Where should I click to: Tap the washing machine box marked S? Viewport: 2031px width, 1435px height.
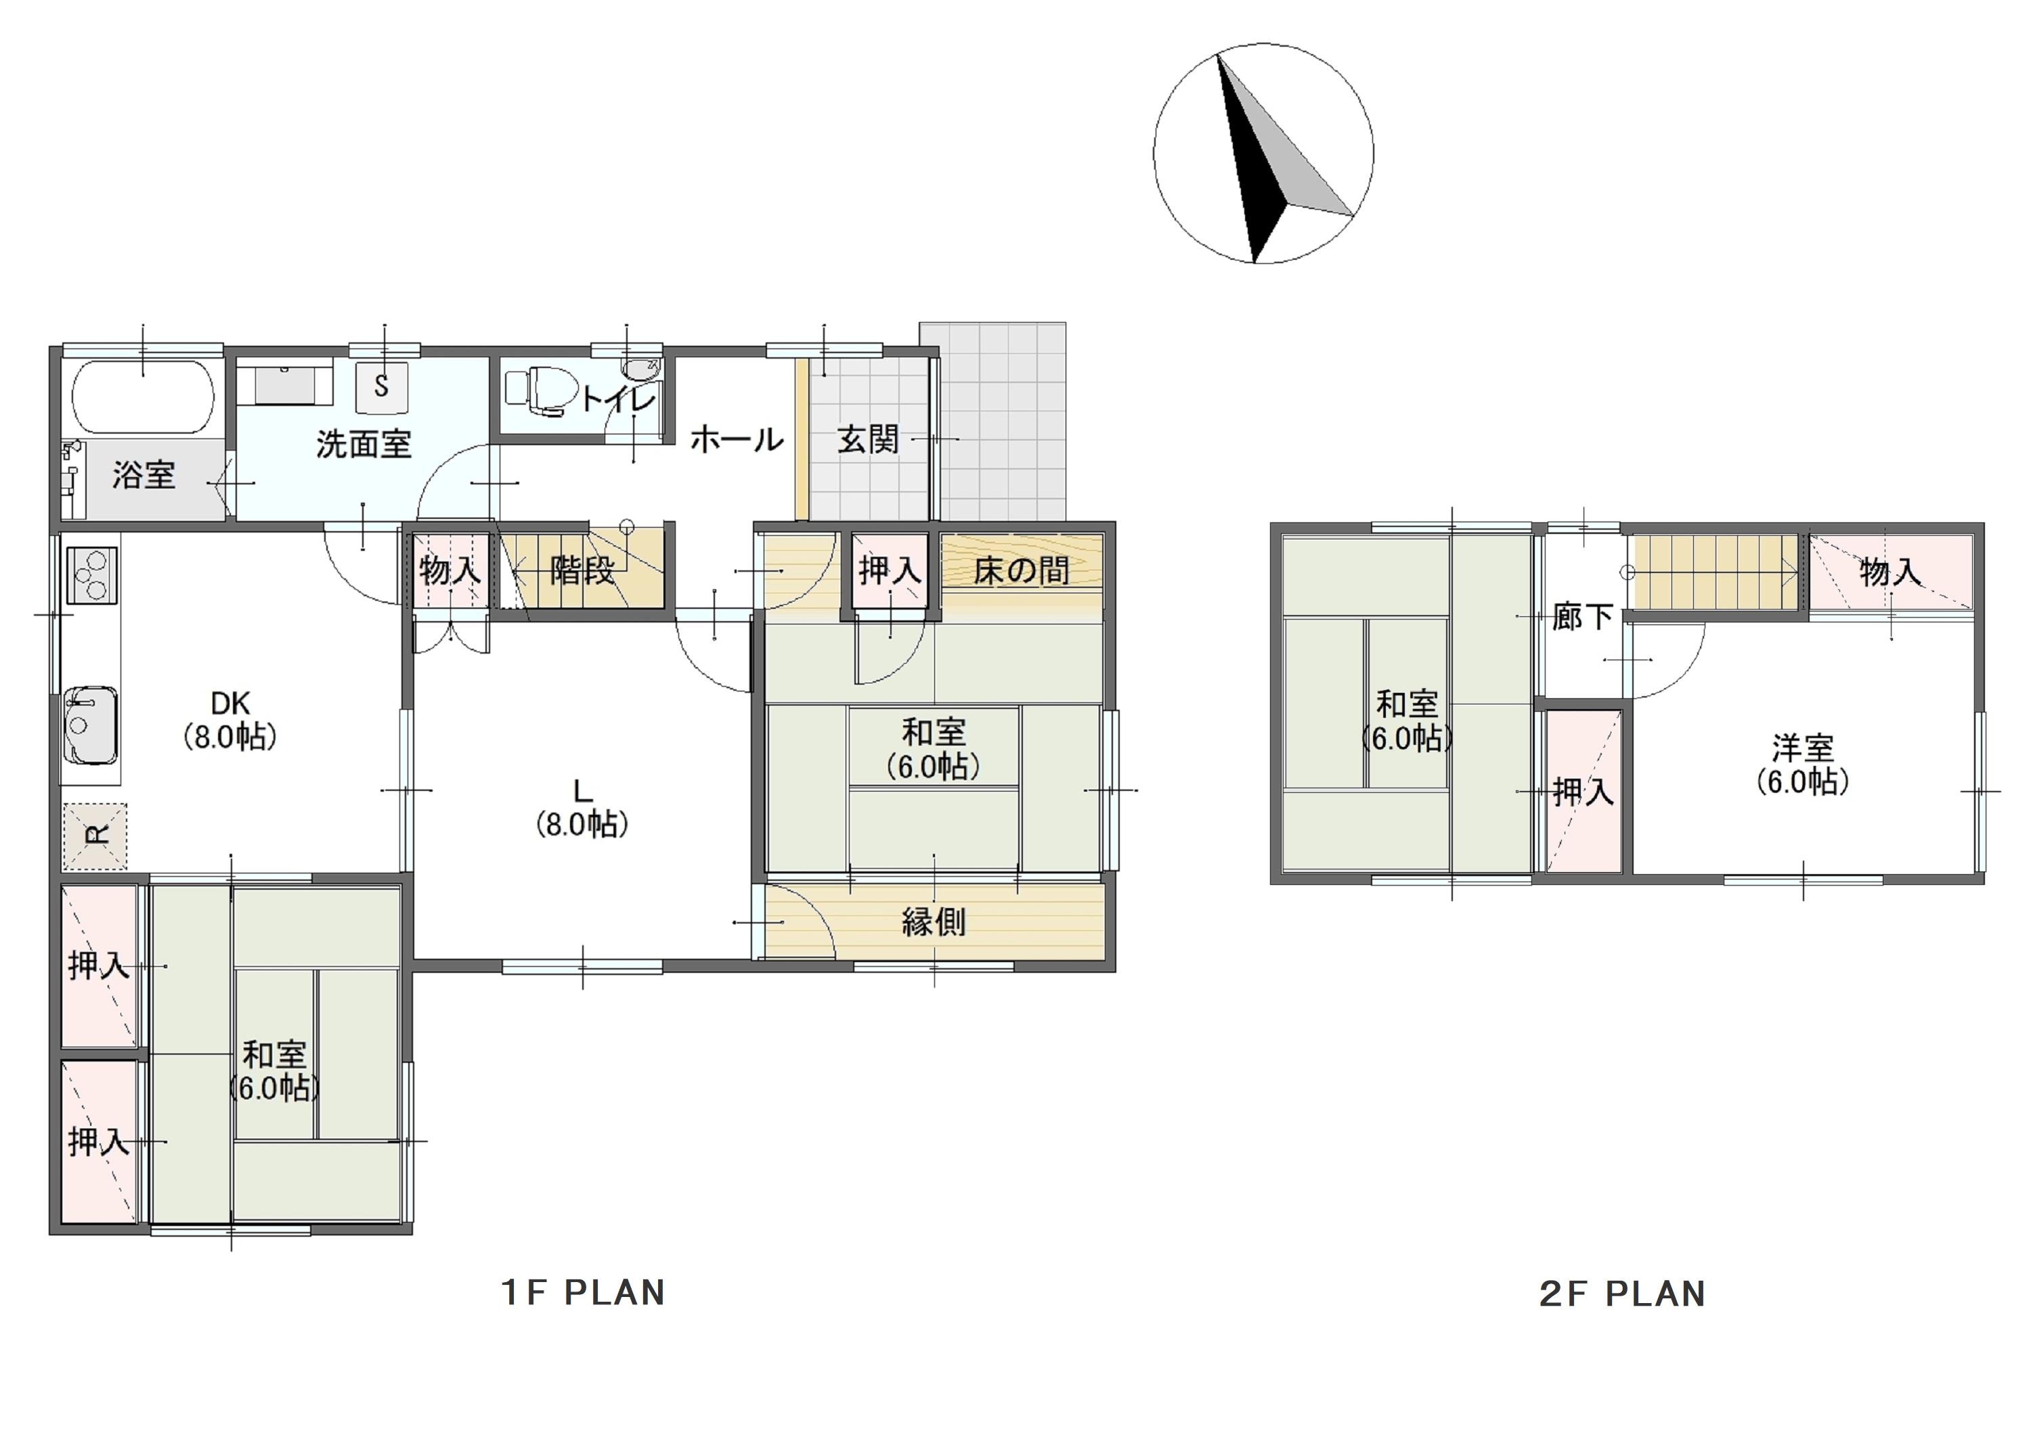382,386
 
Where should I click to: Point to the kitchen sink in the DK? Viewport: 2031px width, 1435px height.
90,724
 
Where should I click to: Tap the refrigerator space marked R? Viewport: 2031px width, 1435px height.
95,836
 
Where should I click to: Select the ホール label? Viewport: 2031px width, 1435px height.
736,439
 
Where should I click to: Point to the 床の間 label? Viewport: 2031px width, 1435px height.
1021,571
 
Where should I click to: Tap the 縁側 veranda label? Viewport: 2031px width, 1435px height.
933,922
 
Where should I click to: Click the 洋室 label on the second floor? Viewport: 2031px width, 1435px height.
1803,748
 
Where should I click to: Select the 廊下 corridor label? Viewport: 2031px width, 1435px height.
1583,617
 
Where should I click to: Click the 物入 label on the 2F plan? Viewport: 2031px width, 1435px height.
1890,572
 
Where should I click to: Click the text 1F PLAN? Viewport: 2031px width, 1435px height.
583,1293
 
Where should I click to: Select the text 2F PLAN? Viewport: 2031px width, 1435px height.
1622,1294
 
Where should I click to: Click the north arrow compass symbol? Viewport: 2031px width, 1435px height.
1263,154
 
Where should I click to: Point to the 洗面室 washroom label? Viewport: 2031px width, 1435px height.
364,444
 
